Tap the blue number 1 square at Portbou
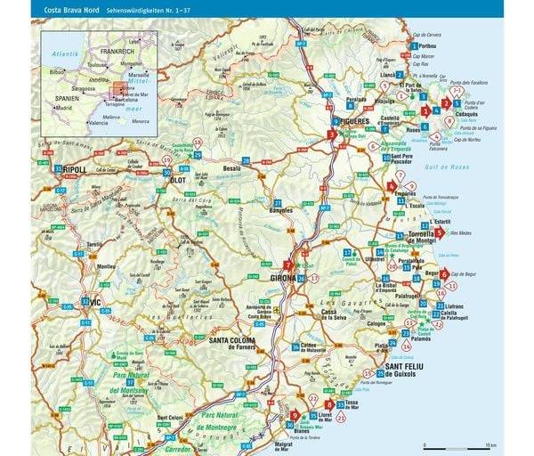[412, 44]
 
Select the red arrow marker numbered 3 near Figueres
[331, 134]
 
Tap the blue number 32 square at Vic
[85, 302]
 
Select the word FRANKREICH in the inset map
[117, 52]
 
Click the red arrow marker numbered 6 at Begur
[443, 275]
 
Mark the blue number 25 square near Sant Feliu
[381, 371]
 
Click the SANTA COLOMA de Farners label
[233, 340]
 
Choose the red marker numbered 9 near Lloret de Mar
[295, 414]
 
